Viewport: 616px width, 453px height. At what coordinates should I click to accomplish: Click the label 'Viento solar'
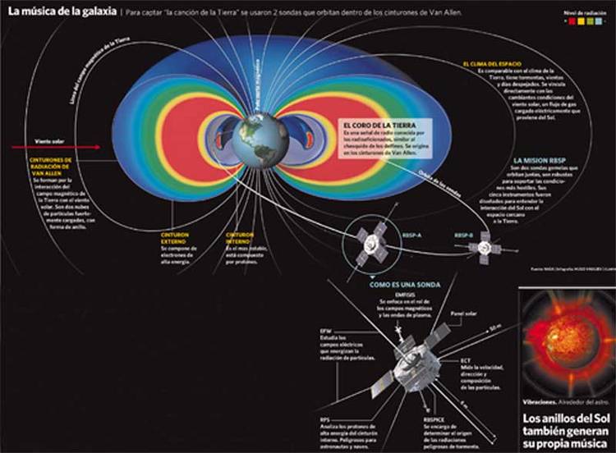[46, 140]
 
